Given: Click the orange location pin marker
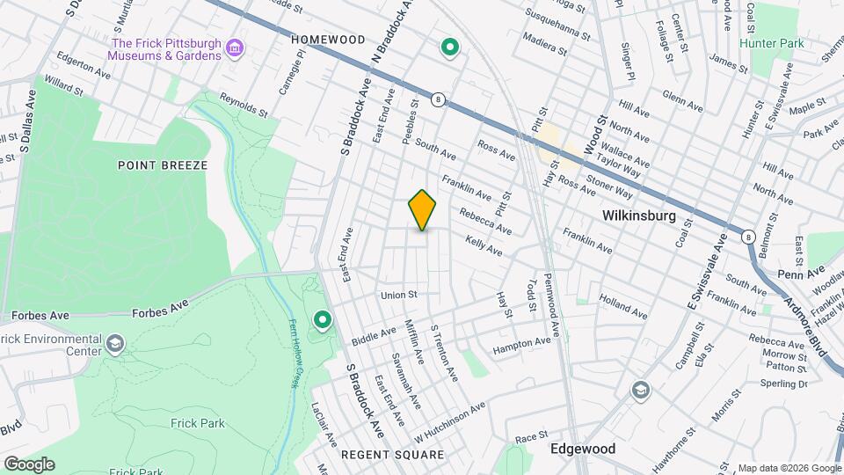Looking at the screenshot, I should tap(423, 209).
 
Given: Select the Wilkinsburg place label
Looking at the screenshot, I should tap(638, 216).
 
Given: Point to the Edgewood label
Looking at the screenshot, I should tap(581, 449).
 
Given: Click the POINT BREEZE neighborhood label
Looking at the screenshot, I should tap(163, 165).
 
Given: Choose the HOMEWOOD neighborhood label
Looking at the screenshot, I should tap(327, 40).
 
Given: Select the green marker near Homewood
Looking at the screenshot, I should tap(450, 47).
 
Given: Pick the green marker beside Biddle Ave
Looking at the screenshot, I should tap(323, 319).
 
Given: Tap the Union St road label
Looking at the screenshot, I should tap(397, 295).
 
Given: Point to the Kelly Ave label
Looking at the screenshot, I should tap(484, 245).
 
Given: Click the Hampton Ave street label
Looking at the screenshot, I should tap(521, 345).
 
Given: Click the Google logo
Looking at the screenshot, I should tap(28, 464).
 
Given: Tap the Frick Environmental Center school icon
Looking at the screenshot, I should tap(114, 342).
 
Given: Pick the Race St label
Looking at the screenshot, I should tap(532, 436).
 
